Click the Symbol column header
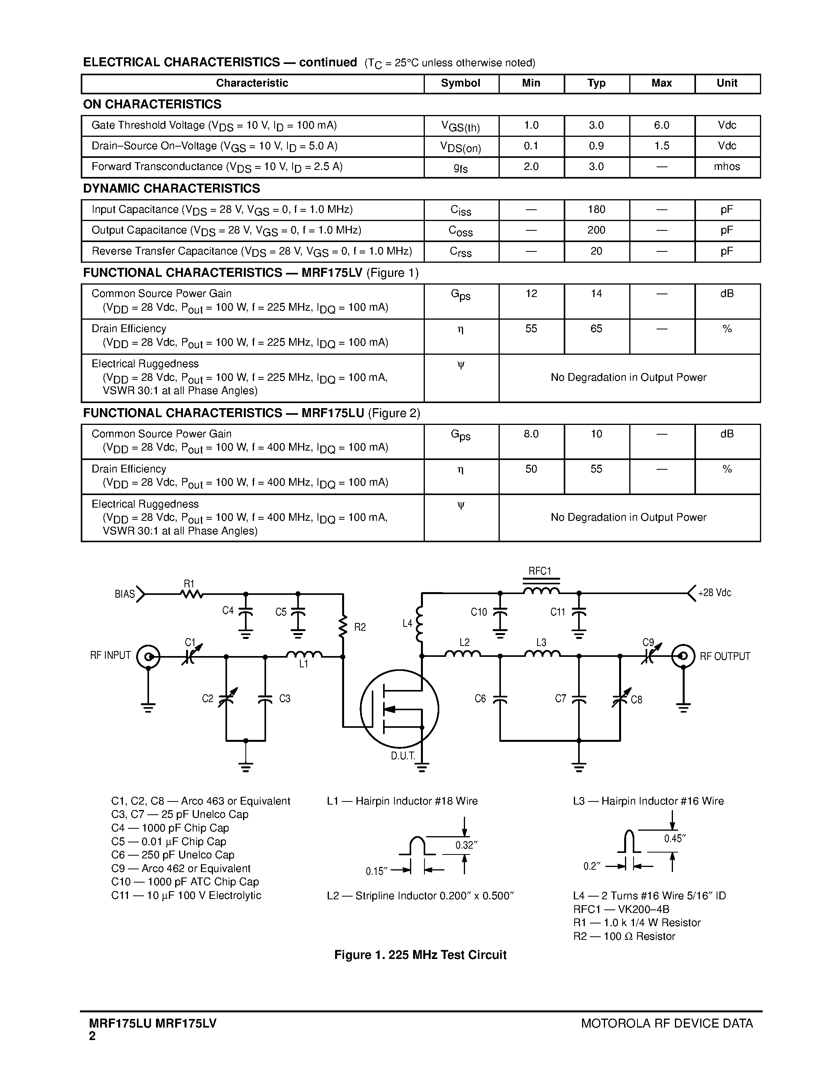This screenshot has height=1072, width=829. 460,83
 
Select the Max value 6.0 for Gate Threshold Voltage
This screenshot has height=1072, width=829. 662,126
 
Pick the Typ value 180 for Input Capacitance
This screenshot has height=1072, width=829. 596,210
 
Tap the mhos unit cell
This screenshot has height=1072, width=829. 727,167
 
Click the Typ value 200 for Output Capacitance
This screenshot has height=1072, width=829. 596,230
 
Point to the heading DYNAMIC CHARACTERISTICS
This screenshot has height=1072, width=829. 171,189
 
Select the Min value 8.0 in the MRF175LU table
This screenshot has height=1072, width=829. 531,434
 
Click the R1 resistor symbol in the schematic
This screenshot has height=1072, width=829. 192,594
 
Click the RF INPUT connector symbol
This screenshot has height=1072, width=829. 148,656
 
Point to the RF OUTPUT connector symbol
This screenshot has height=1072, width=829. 683,656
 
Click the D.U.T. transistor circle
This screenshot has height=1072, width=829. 399,709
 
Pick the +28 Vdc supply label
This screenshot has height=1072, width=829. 715,593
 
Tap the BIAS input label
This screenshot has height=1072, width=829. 125,594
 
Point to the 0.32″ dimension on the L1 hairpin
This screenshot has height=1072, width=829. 467,845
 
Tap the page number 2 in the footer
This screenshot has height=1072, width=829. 92,1036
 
